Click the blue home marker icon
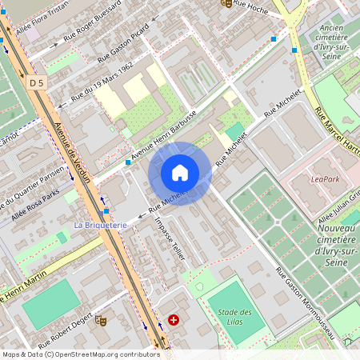click(x=180, y=173)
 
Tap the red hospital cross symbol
click(x=174, y=320)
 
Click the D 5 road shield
click(x=36, y=82)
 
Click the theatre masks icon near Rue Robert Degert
click(x=101, y=321)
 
